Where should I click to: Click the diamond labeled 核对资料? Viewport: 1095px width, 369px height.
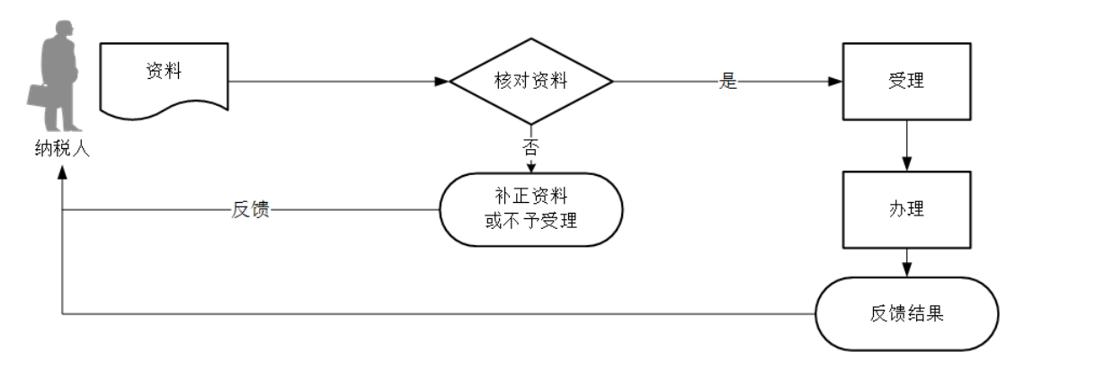531,81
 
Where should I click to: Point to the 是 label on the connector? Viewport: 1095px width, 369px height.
728,81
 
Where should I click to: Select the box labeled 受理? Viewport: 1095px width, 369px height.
906,81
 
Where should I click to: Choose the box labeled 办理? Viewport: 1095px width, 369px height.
906,209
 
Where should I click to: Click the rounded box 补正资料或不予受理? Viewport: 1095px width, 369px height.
531,209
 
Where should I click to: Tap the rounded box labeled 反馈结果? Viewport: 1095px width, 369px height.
906,313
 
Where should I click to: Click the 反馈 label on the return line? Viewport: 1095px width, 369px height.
251,210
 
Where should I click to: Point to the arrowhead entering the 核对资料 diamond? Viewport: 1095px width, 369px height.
442,81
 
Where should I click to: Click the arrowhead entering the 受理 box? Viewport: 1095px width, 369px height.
835,81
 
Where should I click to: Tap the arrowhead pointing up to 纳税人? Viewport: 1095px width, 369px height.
62,173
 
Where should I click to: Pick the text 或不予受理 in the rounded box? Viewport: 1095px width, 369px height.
531,220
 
